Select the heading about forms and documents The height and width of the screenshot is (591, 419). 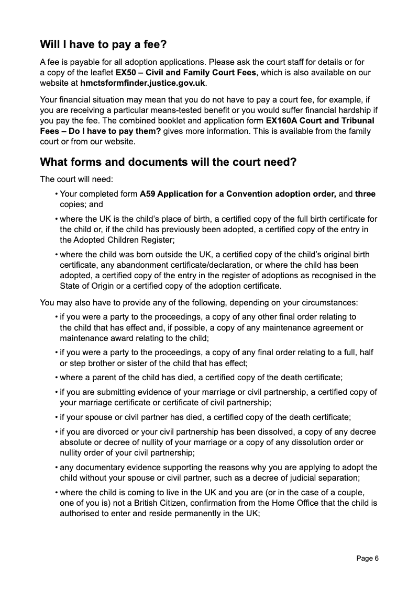point(168,162)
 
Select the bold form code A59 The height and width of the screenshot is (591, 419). point(147,194)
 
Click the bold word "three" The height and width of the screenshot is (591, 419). point(366,194)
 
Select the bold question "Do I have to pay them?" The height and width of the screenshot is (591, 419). point(116,131)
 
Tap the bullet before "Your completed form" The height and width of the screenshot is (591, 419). point(56,194)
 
